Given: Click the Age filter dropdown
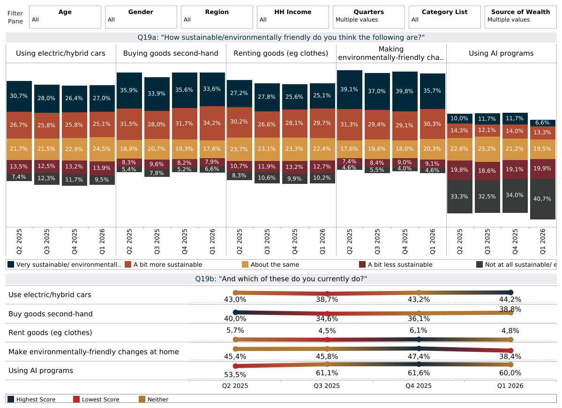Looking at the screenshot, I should tap(65, 17).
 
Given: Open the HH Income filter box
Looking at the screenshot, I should tap(292, 17).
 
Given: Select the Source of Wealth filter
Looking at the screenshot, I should tap(520, 17).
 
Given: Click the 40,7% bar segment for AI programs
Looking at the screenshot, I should tap(542, 199).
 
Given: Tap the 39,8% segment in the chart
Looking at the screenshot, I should tap(405, 91).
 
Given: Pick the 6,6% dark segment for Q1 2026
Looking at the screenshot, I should tap(542, 123).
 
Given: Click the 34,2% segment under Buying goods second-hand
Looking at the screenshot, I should tap(212, 123).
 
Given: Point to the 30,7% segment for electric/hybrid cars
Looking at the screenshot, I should tap(19, 96).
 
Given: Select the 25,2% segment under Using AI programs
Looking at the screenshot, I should tap(487, 149).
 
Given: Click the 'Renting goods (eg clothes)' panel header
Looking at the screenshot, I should tap(281, 53).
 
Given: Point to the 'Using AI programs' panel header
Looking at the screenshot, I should tap(501, 53).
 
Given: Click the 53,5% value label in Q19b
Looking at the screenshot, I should tap(235, 374).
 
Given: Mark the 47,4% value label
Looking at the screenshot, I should tap(419, 357).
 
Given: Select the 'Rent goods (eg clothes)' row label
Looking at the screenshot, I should tap(50, 333).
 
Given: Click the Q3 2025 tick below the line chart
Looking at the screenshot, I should tap(327, 386).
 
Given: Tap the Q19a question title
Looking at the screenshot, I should tap(281, 37).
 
